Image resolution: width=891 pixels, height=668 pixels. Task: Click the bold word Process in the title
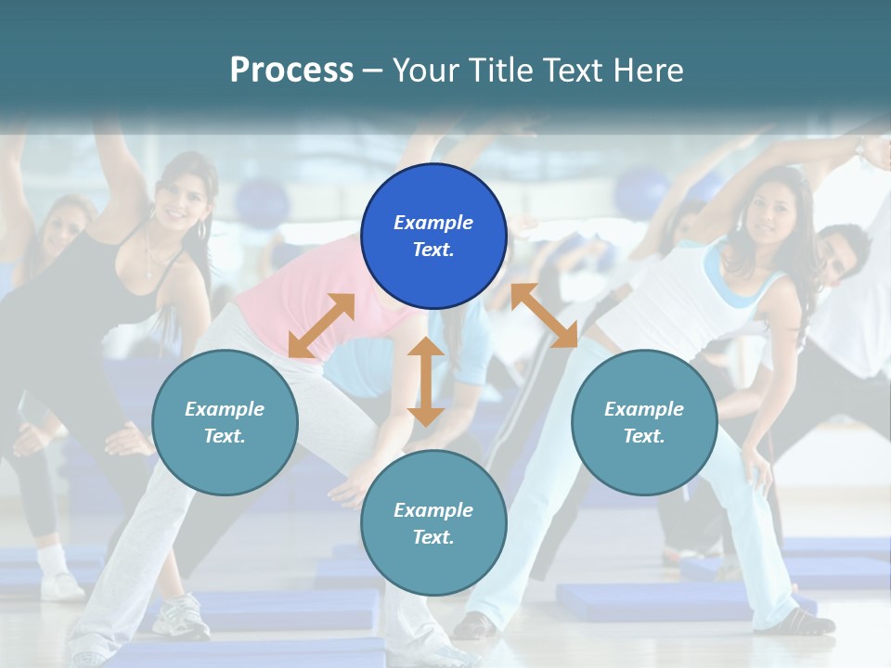click(291, 70)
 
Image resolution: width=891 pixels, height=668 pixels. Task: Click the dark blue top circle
click(433, 236)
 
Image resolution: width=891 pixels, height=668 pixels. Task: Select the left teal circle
click(225, 422)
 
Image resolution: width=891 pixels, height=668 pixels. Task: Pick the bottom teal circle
click(433, 523)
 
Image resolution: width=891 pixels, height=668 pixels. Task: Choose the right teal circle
click(644, 422)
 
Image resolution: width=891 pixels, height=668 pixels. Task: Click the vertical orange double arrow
click(426, 381)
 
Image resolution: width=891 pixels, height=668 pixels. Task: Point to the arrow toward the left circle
click(321, 326)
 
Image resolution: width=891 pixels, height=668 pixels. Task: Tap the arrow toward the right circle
click(544, 315)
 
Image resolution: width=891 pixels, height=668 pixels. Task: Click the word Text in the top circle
click(433, 250)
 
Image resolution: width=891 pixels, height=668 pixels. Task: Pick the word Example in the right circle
click(644, 409)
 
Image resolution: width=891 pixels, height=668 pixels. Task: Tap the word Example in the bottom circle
click(433, 510)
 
